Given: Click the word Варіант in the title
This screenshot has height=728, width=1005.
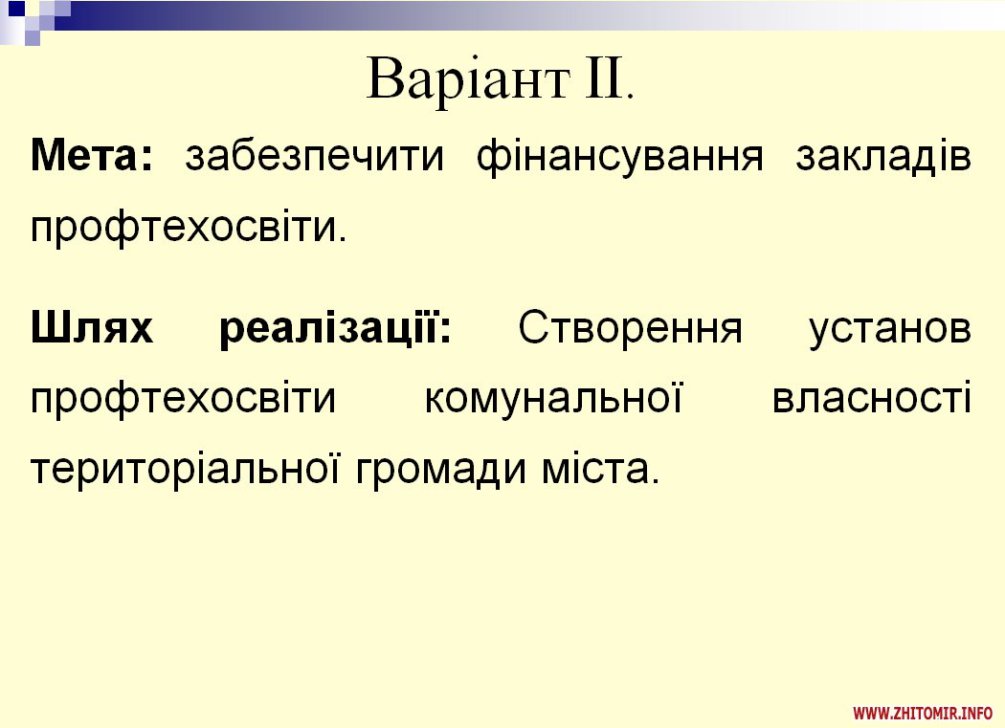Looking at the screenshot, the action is [x=468, y=80].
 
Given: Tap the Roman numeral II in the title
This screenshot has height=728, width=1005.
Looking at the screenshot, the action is [x=604, y=77].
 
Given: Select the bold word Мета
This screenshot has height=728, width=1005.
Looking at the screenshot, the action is [x=91, y=155].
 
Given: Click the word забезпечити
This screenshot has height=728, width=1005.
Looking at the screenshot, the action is [x=314, y=156].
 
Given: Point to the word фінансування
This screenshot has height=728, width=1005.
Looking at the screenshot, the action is [x=620, y=158].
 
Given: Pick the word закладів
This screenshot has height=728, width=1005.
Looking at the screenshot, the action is [x=883, y=158].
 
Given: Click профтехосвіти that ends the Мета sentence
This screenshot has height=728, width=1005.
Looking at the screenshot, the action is [x=183, y=228].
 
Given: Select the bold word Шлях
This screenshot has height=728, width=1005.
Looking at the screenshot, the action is [x=92, y=327].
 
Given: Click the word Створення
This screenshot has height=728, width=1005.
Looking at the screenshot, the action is [x=630, y=328].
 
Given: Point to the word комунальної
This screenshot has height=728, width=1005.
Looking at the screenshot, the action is [x=553, y=399].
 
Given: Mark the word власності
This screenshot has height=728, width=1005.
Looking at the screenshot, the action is [x=872, y=398].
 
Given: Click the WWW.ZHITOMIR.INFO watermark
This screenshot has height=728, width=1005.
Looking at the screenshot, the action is [x=923, y=713].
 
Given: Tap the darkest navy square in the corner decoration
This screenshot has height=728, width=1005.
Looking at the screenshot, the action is [x=15, y=8].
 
